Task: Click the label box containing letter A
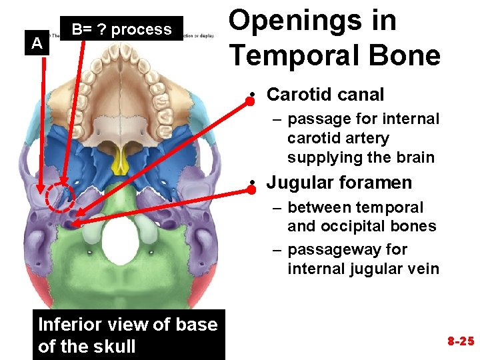click(38, 44)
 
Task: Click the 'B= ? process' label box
click(121, 29)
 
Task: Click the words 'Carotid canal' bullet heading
click(325, 95)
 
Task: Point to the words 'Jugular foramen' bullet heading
click(339, 183)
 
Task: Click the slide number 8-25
click(460, 341)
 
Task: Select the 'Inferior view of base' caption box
click(128, 325)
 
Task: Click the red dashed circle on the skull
click(61, 198)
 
